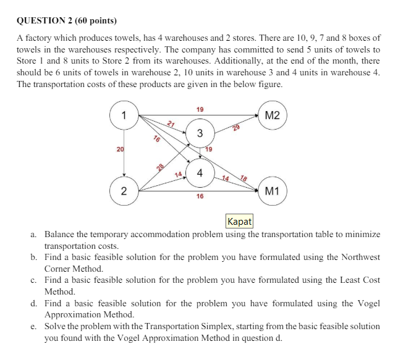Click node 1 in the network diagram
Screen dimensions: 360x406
(124, 115)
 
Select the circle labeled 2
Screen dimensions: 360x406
(124, 190)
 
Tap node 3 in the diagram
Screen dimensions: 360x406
(199, 133)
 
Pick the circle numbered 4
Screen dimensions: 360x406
(199, 172)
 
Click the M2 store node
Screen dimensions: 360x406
(272, 115)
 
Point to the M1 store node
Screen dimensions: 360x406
(272, 191)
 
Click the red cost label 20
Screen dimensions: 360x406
(120, 150)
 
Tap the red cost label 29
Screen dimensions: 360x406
(235, 128)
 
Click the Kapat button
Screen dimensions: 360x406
(239, 221)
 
